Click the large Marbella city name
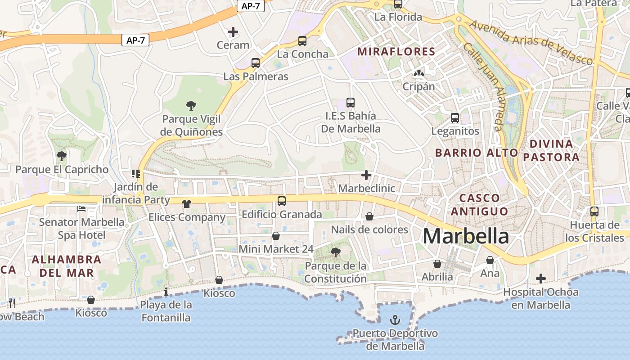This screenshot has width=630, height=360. click(466, 236)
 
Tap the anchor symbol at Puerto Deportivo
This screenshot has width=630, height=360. click(395, 320)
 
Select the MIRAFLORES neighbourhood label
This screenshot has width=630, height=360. click(396, 51)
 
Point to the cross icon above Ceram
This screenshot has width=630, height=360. click(233, 32)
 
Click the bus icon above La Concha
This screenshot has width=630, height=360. click(302, 41)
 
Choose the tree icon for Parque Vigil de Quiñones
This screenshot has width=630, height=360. click(191, 106)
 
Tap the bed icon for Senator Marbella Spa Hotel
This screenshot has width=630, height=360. click(81, 209)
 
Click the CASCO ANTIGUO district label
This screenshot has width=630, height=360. click(479, 204)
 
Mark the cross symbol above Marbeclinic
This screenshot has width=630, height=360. click(366, 175)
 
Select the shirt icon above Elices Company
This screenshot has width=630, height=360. click(187, 204)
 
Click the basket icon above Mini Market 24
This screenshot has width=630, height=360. click(276, 236)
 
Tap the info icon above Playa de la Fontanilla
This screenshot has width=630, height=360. click(166, 292)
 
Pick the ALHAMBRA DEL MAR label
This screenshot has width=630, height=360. click(67, 266)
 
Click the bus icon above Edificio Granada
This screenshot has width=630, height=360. click(282, 201)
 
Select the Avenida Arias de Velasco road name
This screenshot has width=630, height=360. click(531, 43)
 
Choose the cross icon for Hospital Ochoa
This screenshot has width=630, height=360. click(540, 279)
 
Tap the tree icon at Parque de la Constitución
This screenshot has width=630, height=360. click(335, 252)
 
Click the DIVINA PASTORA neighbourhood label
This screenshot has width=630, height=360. click(551, 150)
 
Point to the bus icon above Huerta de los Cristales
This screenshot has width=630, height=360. click(594, 211)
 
